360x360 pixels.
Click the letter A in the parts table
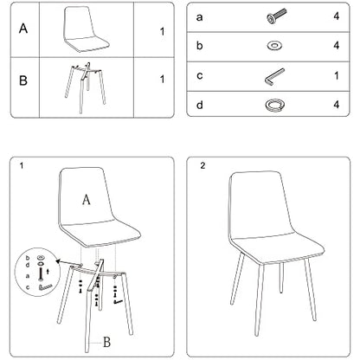tap(23, 29)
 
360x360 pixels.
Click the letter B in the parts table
tap(23, 80)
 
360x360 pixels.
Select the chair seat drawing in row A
tap(86, 29)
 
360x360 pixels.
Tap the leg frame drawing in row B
tap(86, 87)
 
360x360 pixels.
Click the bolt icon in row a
tap(276, 16)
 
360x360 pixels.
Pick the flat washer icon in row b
tap(274, 46)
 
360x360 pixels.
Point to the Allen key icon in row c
tap(274, 76)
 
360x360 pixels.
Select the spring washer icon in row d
tap(274, 105)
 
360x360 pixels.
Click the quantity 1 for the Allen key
tap(337, 75)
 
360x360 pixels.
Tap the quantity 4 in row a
tap(337, 16)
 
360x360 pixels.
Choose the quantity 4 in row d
tap(337, 105)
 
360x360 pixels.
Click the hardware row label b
tap(200, 46)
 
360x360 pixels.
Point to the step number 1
tap(22, 166)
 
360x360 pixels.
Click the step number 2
tap(203, 165)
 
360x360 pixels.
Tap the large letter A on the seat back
tap(87, 199)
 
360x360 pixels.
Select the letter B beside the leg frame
tap(106, 342)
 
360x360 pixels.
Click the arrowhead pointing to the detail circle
tap(57, 261)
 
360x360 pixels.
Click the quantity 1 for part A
tap(163, 31)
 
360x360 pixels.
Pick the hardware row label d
tap(200, 105)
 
